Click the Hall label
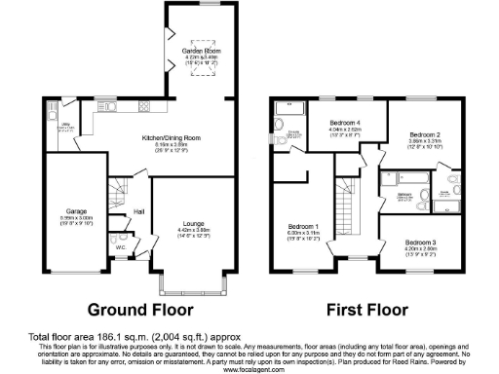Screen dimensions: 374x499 click(139, 210)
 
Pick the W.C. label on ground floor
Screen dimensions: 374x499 click(120, 246)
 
